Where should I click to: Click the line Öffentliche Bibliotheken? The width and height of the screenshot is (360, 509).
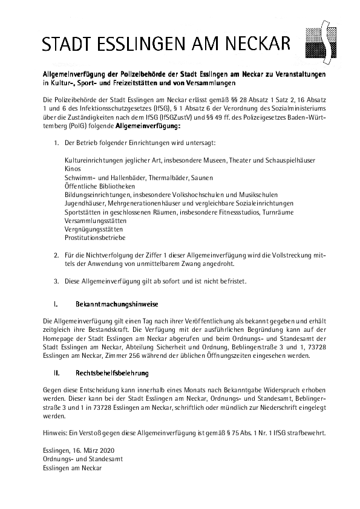click(x=94, y=187)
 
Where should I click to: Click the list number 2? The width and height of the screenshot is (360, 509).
click(x=56, y=256)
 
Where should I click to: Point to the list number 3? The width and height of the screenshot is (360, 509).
click(x=56, y=281)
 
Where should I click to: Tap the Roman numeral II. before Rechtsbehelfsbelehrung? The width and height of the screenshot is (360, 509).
click(x=56, y=375)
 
